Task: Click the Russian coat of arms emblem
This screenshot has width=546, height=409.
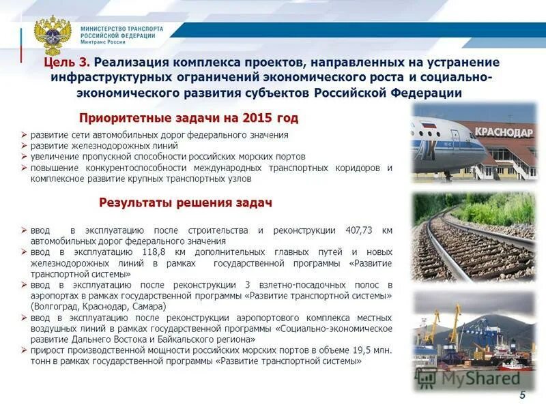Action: tap(53, 36)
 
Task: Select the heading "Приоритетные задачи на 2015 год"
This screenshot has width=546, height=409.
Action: tap(188, 118)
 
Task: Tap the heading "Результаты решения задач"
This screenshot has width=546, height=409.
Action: tap(186, 202)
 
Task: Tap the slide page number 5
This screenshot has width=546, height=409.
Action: tap(523, 395)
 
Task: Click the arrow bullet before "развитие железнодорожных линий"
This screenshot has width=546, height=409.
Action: tap(25, 146)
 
